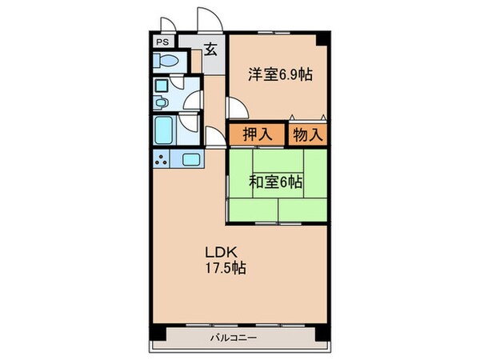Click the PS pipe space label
(162, 42)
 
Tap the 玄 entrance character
(210, 49)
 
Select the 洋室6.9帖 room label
(279, 75)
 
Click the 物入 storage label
(307, 134)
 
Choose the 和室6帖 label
(275, 182)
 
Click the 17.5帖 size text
(224, 267)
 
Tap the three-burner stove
(163, 158)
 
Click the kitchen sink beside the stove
(192, 158)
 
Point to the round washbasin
(162, 102)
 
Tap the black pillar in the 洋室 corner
(322, 40)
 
